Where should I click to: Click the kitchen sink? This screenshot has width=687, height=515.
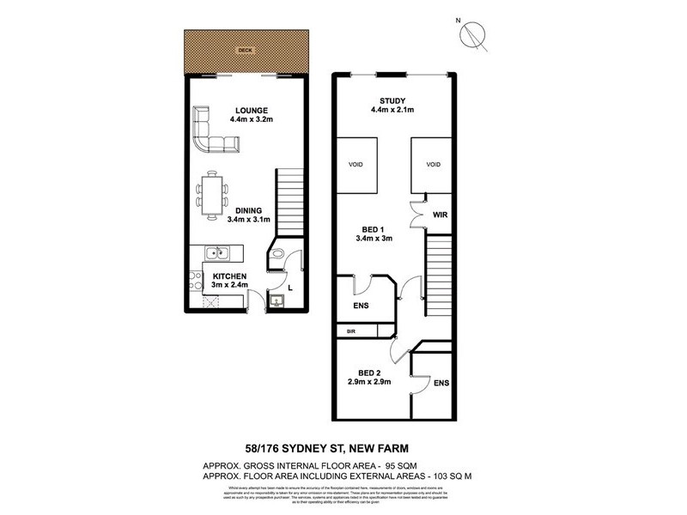pos(220,252)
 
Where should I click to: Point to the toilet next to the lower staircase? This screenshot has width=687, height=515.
pos(278,254)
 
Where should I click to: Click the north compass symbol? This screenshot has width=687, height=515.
pos(471,33)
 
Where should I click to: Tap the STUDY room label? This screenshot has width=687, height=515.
pos(392,100)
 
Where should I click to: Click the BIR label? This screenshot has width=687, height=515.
pos(350,330)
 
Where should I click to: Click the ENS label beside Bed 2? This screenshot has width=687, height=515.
pos(441,383)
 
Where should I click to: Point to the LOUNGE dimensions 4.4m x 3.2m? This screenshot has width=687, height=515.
pos(250,119)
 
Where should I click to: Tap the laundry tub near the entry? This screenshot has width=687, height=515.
pos(277,300)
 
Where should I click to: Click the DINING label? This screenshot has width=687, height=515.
pos(249,209)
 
